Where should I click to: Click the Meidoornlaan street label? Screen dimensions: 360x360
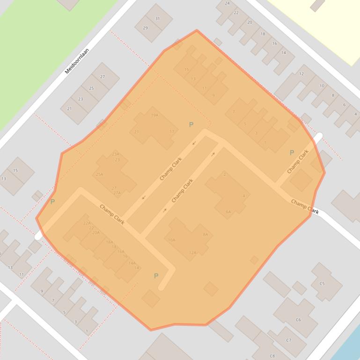tap(77, 61)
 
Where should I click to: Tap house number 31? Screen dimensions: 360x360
tap(157, 19)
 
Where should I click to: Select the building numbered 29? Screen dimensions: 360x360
tap(145, 28)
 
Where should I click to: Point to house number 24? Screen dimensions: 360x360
tap(228, 3)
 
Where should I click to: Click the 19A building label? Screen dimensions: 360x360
tap(154, 115)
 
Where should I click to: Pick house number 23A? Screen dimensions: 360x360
tap(116, 154)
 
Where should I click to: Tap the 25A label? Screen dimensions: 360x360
tap(99, 174)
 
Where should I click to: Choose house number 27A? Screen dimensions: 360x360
tap(117, 193)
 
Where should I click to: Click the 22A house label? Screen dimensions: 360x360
tap(87, 223)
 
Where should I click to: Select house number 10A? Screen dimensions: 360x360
tap(171, 240)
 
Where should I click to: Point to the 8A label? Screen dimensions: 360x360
tap(205, 234)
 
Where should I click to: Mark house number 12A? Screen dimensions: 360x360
tap(193, 252)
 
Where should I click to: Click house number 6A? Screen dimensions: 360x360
tap(228, 212)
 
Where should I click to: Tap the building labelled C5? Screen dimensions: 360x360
tap(322, 283)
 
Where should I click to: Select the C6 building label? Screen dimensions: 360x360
tap(298, 320)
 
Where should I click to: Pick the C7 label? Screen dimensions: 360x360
tap(289, 340)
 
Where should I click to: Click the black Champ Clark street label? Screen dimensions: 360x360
tap(305, 207)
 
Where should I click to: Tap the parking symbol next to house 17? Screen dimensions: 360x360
tap(191, 125)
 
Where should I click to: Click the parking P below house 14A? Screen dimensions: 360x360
tap(156, 276)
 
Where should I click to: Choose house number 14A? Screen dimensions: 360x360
tap(132, 263)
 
